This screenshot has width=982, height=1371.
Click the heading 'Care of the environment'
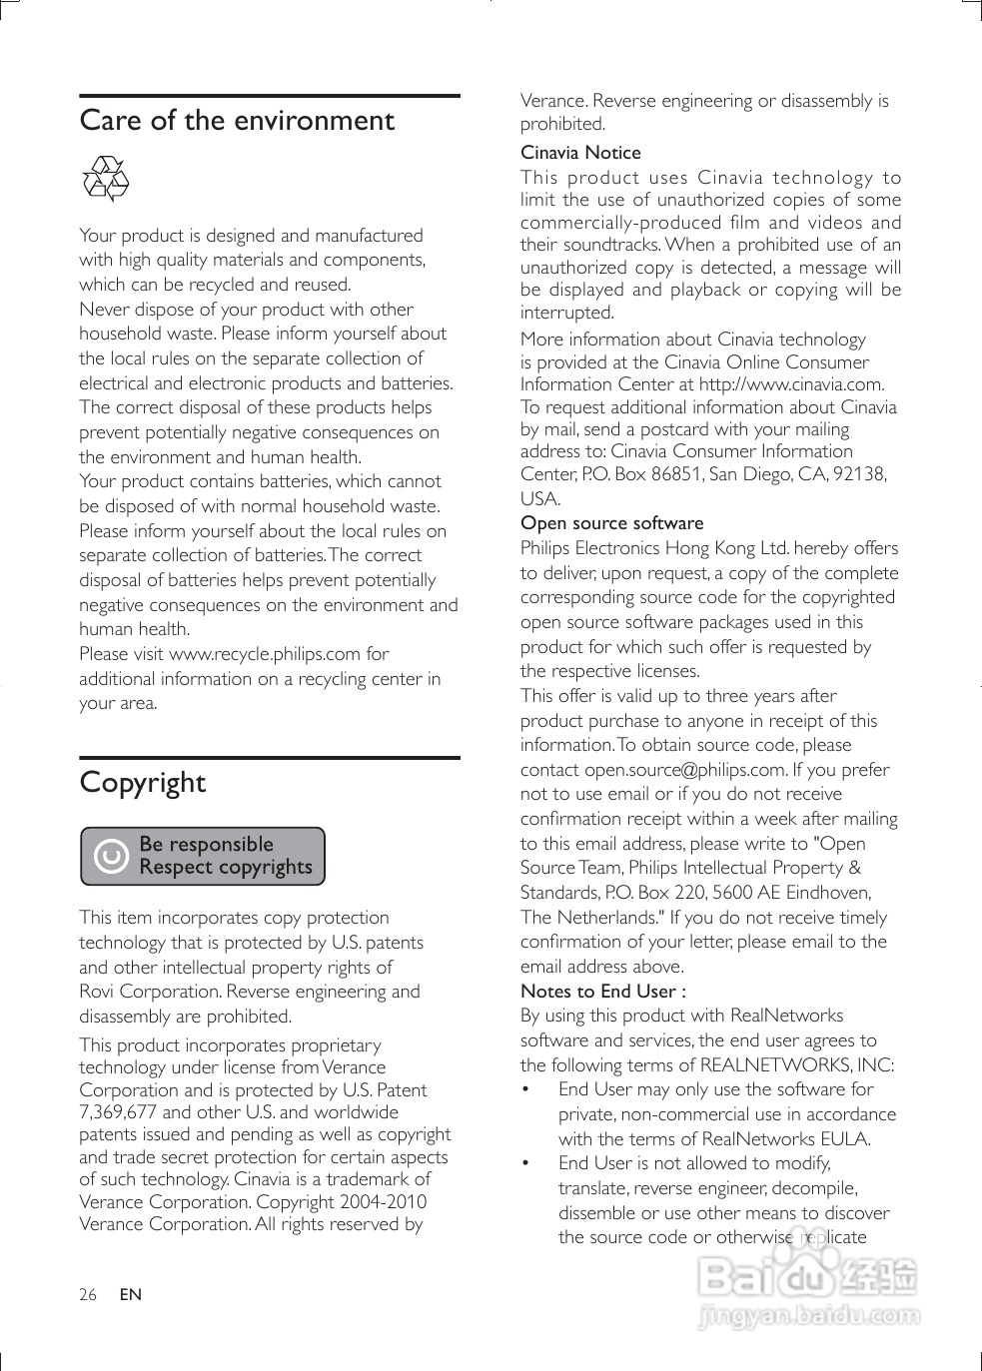(x=237, y=121)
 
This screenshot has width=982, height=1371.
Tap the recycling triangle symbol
(x=105, y=179)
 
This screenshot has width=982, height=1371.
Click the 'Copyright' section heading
(x=142, y=782)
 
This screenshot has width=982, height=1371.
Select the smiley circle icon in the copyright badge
(x=111, y=857)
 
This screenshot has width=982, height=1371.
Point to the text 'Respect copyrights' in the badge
(x=226, y=868)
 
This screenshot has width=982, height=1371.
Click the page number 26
(x=88, y=1295)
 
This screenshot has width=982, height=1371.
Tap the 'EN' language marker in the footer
(x=130, y=1295)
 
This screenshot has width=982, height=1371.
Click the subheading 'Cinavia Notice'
(x=580, y=153)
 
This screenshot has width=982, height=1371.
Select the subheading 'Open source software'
(x=611, y=523)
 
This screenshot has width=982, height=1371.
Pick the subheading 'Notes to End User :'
(x=602, y=992)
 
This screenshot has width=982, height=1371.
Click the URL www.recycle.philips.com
(x=265, y=654)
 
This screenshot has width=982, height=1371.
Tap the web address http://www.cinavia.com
(x=791, y=384)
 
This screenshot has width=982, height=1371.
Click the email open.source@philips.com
(x=684, y=770)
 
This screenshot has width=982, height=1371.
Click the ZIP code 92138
(x=859, y=474)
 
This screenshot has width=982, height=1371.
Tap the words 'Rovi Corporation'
(x=150, y=992)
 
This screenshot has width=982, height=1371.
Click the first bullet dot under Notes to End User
(x=525, y=1089)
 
